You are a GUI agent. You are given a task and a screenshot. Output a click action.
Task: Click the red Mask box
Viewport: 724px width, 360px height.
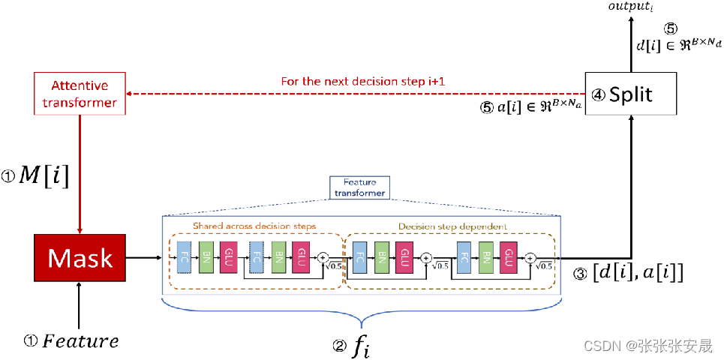pos(80,259)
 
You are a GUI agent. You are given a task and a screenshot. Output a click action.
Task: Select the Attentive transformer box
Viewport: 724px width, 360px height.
pos(80,94)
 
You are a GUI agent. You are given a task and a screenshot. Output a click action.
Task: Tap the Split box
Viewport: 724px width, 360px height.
pos(630,94)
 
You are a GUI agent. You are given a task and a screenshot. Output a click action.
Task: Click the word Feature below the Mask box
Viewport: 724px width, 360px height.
pos(80,341)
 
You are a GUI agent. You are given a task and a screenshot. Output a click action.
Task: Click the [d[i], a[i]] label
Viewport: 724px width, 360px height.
pos(638,274)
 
